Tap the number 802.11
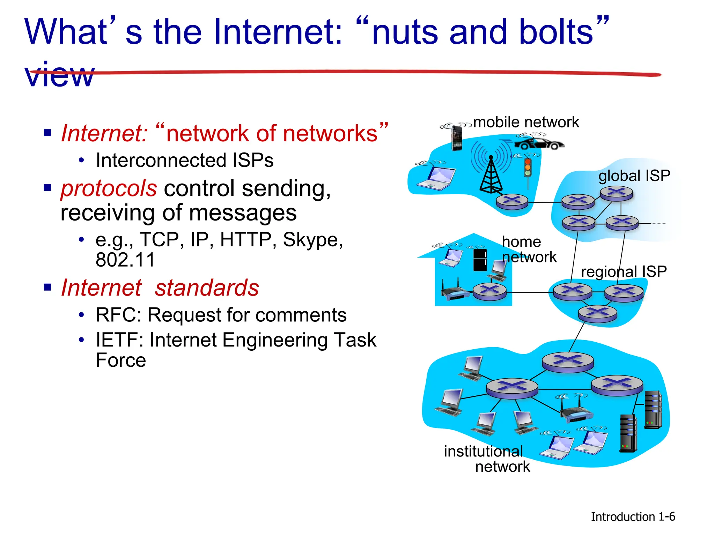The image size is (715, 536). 125,260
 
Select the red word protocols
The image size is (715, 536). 109,188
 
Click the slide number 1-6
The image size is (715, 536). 666,516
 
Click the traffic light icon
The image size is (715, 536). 528,168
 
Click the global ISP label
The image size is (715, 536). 634,176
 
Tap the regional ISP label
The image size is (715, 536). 624,271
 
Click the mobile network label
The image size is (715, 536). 526,122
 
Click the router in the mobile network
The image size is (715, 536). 512,201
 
